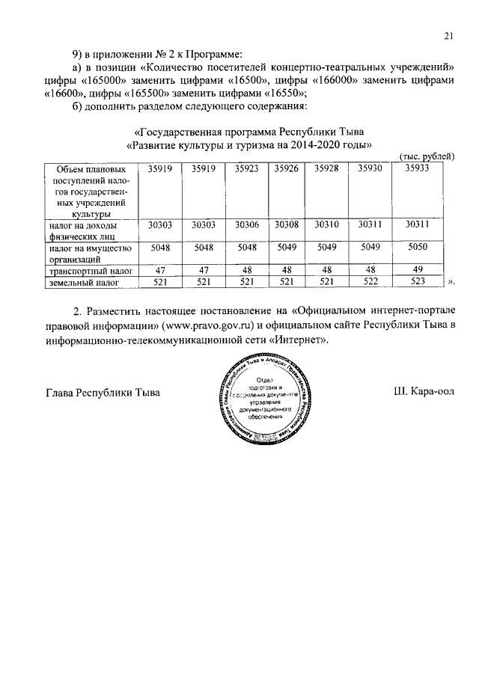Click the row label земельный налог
coord(82,282)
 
